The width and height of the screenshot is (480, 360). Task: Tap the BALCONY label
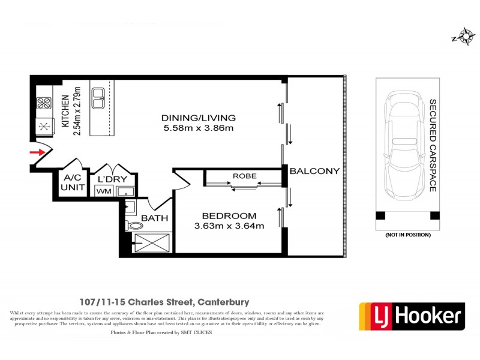(x=314, y=171)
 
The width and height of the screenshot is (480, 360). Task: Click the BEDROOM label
(x=229, y=216)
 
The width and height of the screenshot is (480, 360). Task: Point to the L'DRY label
(x=110, y=179)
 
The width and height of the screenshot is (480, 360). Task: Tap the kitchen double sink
(x=98, y=98)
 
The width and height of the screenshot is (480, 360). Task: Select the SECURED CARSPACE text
(x=432, y=146)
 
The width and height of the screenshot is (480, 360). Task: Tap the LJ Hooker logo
(x=412, y=316)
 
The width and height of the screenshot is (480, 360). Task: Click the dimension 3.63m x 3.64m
(x=229, y=226)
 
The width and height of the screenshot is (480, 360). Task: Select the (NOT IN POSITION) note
(x=408, y=235)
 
